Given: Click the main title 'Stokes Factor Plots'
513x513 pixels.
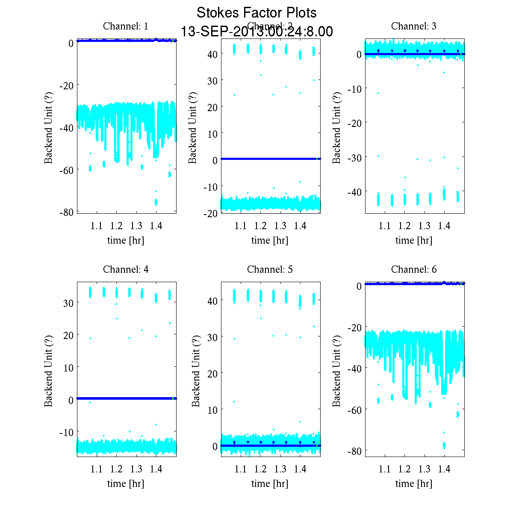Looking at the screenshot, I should [256, 13].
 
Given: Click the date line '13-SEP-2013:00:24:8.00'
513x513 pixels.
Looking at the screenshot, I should [256, 32].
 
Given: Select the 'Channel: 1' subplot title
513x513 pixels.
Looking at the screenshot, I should [126, 26].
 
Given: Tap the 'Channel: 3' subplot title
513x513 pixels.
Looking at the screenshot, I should [414, 26].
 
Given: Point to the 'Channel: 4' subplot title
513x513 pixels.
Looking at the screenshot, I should [126, 269].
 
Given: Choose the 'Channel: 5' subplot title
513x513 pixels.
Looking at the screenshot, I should [270, 269].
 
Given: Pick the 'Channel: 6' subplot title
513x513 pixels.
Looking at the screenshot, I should [414, 269].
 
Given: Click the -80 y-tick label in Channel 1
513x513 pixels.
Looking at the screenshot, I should [66, 212].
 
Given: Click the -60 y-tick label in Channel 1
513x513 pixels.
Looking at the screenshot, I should [66, 170].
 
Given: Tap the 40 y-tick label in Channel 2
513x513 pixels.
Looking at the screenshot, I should [212, 54].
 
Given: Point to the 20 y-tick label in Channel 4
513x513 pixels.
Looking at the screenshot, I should [68, 335].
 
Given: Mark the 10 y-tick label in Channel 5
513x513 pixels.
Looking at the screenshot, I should [212, 410].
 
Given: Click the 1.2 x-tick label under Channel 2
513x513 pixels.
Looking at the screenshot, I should [260, 226].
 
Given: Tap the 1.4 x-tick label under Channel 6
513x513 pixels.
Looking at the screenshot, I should [444, 469].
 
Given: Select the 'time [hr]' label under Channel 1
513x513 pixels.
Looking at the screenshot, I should [126, 240].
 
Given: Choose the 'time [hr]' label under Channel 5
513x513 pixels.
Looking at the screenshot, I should [270, 484].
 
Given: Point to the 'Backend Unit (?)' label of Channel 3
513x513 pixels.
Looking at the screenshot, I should [337, 127].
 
